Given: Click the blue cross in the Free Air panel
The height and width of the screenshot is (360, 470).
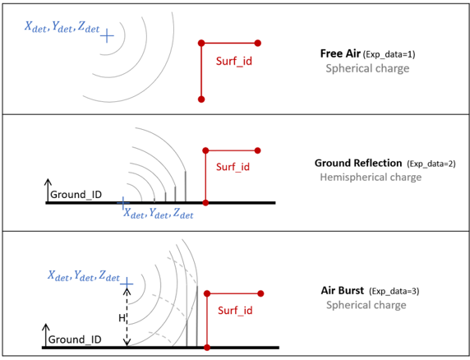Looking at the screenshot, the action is tap(107, 36).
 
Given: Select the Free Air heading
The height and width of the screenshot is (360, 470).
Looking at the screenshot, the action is tap(340, 53).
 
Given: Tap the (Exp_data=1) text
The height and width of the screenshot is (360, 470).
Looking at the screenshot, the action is tap(389, 54).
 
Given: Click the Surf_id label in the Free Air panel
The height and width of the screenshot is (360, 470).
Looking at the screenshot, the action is tap(234, 62).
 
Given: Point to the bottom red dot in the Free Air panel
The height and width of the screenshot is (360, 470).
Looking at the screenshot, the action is tap(201, 99).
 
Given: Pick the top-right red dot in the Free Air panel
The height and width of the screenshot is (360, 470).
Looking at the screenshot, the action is tap(257, 44).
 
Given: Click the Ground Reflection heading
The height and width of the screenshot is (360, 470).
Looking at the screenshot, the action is tap(358, 163).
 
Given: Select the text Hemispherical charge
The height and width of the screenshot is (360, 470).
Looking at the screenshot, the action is tap(371, 178).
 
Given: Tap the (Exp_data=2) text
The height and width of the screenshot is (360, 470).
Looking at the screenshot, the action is tap(431, 164).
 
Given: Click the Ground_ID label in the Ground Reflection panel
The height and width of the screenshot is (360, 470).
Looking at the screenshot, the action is tap(76, 195).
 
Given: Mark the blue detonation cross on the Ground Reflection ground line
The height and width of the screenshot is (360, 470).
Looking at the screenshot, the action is tap(122, 203).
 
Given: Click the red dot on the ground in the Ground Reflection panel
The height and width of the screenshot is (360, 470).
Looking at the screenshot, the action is tap(205, 203).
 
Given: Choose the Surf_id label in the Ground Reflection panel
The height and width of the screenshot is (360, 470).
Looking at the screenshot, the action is tap(233, 167).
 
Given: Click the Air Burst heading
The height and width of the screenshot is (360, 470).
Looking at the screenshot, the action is tap(343, 290).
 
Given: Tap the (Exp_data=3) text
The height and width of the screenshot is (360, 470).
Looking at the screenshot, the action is tap(394, 291).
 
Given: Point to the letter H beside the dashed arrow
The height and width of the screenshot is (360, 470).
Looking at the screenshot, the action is tap(122, 318).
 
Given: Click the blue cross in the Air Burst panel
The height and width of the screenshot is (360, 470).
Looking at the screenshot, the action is tap(127, 284).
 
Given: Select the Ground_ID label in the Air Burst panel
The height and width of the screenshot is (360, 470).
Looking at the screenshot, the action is tap(75, 339).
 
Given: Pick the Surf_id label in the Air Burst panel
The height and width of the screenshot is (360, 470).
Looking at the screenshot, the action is tap(235, 311).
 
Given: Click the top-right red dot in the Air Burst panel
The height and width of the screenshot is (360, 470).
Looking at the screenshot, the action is tap(260, 293).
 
